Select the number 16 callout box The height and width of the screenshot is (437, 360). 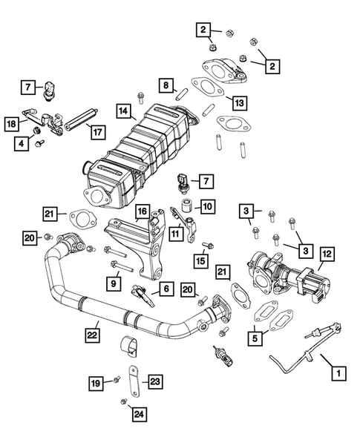coord(140,213)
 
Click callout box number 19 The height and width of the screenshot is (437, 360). coord(96,384)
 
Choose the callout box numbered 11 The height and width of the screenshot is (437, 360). coord(176,233)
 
